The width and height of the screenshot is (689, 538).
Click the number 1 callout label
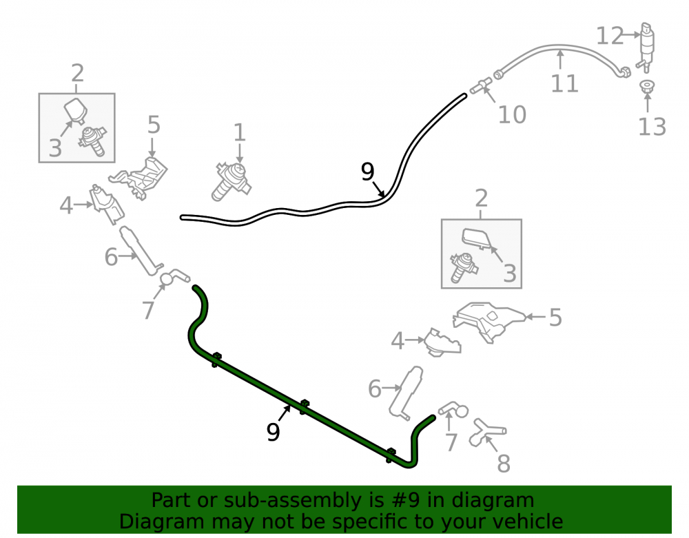tap(239, 132)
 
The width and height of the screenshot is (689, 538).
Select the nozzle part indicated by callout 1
tap(231, 181)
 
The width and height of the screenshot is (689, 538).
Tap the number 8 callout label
tap(504, 464)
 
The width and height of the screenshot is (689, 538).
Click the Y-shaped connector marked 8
tap(486, 433)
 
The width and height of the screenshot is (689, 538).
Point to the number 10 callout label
tap(512, 115)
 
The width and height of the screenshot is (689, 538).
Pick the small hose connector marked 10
tap(481, 85)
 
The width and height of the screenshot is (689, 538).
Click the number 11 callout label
tap(564, 83)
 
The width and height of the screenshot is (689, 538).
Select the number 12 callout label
tap(610, 36)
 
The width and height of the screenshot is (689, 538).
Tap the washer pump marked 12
tap(646, 47)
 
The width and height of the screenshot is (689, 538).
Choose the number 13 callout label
tap(652, 127)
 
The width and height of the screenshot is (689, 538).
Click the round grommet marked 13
tap(646, 86)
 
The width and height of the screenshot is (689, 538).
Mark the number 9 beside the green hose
tap(273, 432)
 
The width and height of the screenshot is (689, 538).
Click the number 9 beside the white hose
tap(367, 172)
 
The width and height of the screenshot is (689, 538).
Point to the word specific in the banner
tap(374, 522)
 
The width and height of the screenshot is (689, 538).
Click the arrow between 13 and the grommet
tap(647, 103)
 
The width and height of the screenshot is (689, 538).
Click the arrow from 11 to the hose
tap(560, 60)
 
